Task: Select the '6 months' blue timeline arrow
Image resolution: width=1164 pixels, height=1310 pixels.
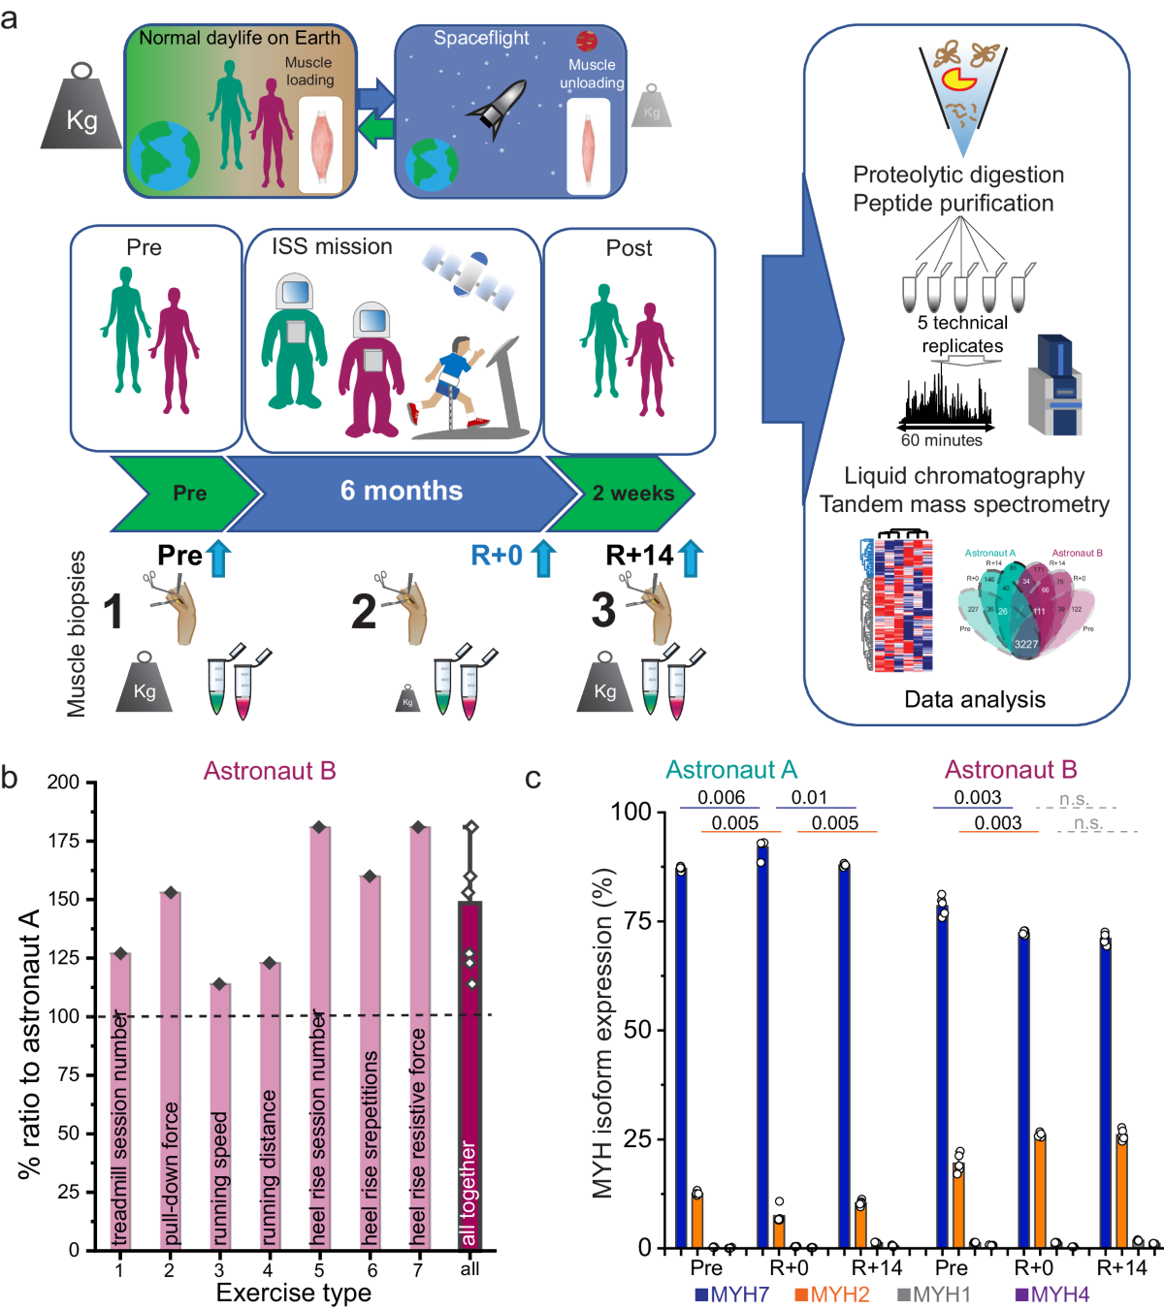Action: point(402,491)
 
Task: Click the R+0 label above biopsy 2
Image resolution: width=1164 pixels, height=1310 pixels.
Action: point(497,556)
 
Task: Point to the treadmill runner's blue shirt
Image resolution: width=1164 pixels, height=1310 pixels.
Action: point(453,367)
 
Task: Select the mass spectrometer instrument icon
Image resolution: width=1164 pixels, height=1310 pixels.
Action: point(1055,386)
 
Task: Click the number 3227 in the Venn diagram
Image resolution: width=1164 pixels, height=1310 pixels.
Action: point(1025,644)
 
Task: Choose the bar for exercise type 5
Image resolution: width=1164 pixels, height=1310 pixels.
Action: point(319,1038)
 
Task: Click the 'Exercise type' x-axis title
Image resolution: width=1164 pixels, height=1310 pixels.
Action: point(293,1294)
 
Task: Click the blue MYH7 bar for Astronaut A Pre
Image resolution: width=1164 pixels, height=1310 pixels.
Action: point(681,1057)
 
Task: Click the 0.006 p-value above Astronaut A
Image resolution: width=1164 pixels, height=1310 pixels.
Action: point(721,798)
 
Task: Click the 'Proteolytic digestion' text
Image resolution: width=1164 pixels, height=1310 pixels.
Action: point(958,175)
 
